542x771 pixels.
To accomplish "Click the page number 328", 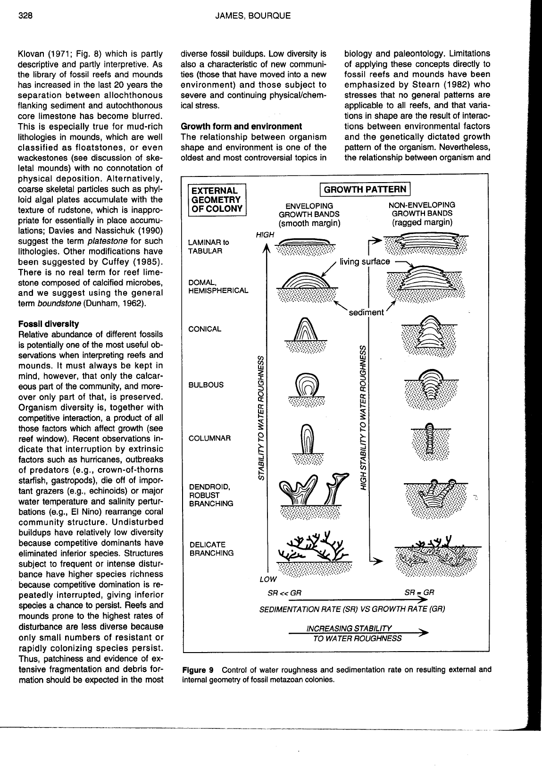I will (25, 16).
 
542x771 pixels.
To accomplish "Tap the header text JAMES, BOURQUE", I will (252, 16).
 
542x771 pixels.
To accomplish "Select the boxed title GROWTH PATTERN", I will (365, 190).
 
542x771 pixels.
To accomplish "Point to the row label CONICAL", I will (205, 329).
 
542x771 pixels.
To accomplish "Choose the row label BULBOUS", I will (206, 385).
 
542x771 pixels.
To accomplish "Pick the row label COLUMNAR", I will (209, 438).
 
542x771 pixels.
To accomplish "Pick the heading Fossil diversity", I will (48, 324).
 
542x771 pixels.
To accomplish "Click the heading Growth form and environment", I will (241, 126).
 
